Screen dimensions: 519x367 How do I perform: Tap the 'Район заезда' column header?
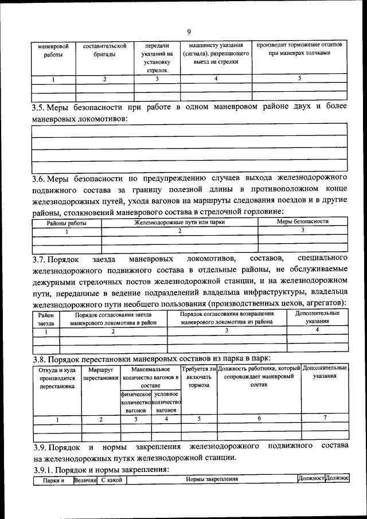coord(46,318)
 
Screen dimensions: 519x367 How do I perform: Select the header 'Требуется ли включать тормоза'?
coord(198,377)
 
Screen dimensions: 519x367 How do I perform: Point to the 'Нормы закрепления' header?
coord(211,479)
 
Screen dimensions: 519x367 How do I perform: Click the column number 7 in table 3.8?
coord(325,419)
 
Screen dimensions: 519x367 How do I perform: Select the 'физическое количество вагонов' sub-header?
coord(135,403)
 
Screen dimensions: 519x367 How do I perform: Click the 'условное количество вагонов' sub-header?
coord(166,403)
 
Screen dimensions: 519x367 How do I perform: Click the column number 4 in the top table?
coord(216,79)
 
